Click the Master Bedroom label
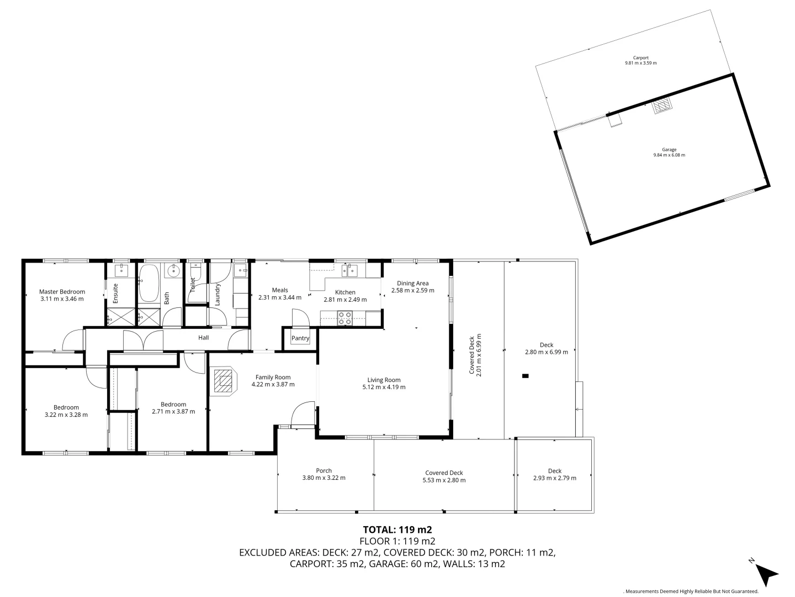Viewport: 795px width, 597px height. tap(62, 292)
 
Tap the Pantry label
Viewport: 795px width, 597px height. tap(300, 338)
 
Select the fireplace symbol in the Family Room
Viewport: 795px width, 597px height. tap(224, 381)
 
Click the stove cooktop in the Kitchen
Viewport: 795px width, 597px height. tap(345, 317)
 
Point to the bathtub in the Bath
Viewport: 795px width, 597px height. tap(148, 282)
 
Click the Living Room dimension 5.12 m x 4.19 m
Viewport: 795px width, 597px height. tap(384, 387)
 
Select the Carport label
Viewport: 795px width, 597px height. tap(640, 57)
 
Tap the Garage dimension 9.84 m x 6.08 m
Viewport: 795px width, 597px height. tap(669, 155)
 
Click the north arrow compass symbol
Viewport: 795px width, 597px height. tap(766, 573)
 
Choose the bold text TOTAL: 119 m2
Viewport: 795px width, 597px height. tap(397, 529)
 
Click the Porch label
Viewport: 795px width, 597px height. tap(324, 471)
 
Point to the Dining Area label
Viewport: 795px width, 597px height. tap(412, 284)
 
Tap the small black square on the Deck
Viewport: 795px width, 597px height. tap(525, 376)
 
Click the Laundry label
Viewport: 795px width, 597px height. tap(218, 294)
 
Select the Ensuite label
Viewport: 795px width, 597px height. tap(116, 293)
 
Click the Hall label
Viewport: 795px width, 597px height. tap(204, 338)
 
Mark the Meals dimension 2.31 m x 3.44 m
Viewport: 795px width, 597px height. tap(279, 297)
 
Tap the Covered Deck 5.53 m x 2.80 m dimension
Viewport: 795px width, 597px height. tap(444, 480)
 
